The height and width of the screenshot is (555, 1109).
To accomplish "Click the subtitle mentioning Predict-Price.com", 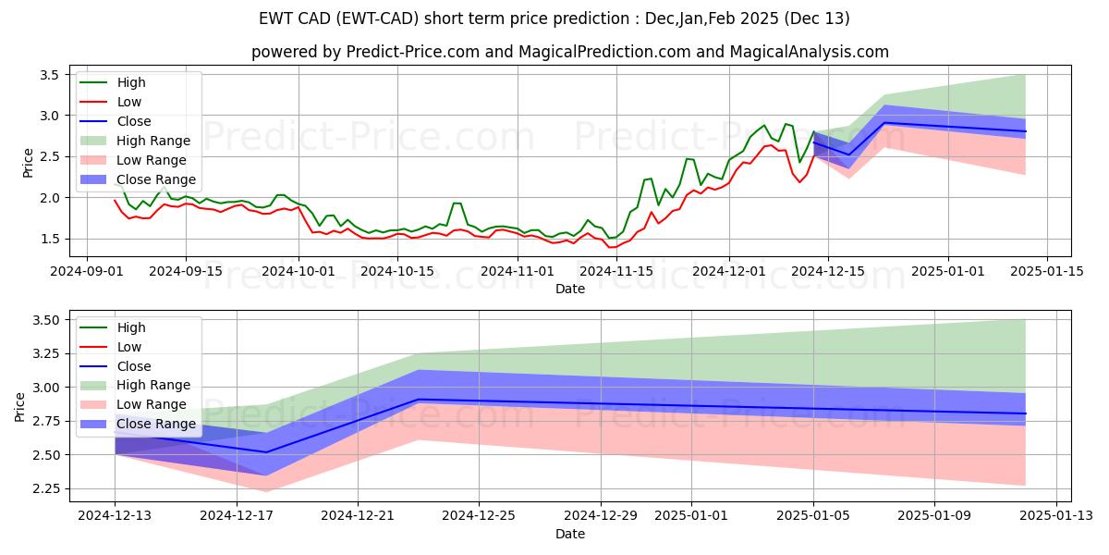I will coord(570,52).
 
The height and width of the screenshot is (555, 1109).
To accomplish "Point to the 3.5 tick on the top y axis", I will coord(50,74).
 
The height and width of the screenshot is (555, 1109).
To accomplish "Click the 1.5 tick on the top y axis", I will coord(50,239).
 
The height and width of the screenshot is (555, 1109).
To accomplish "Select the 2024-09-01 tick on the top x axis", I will coord(87,271).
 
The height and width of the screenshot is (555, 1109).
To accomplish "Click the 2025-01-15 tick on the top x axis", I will coord(1046,271).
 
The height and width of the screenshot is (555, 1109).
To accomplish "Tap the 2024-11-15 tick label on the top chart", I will coord(611,271).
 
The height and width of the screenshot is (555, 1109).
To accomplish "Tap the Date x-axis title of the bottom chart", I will coord(570,534).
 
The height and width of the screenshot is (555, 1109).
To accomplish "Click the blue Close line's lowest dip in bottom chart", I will coord(266,452).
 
